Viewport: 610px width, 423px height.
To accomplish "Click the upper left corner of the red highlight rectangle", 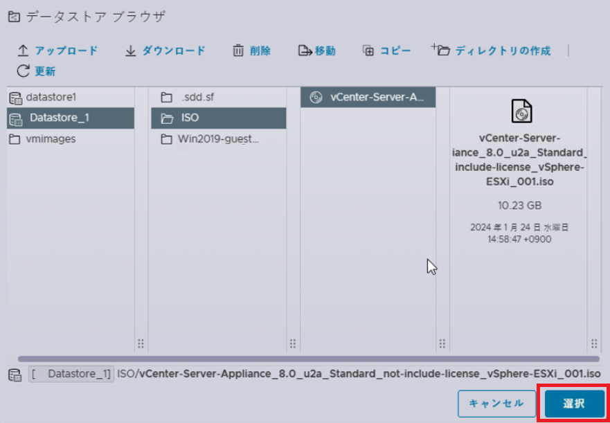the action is tap(537, 384).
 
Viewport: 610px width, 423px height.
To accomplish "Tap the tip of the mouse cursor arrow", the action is tap(428, 259).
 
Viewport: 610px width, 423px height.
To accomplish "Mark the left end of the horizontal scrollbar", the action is tap(19, 359).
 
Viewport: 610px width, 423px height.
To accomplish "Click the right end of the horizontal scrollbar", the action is tap(599, 359).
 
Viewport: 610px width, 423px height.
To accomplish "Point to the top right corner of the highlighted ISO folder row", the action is tap(287, 108).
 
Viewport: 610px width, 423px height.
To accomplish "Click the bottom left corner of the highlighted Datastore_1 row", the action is tap(7, 128).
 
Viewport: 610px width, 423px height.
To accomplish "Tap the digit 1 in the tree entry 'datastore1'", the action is tap(73, 98).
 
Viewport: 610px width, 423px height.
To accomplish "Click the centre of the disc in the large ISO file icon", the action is tap(521, 114).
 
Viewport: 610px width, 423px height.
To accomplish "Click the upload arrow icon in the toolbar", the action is tap(24, 51).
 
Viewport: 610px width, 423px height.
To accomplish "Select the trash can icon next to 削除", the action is tap(238, 51).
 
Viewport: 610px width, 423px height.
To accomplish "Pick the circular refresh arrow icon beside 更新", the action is tap(24, 71).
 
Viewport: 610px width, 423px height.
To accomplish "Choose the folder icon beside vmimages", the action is tap(15, 139).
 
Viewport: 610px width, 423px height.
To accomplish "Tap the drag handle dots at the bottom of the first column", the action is tap(141, 343).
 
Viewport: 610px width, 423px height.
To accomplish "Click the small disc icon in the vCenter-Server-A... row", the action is tap(316, 98).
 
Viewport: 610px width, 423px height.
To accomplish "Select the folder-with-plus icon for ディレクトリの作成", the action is tap(441, 50).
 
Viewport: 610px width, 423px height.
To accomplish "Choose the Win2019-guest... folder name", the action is tap(218, 139).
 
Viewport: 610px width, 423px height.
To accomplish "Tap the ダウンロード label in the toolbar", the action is tap(174, 51).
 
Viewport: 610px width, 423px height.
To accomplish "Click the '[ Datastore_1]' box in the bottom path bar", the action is tap(71, 374).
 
